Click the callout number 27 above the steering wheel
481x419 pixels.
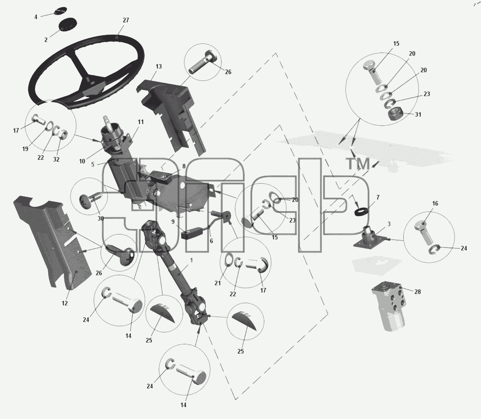tap(126, 20)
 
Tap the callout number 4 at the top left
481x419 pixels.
tap(36, 17)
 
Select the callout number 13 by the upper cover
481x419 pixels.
tap(159, 66)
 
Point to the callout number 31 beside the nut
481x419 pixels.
tap(418, 114)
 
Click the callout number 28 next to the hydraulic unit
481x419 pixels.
tap(417, 292)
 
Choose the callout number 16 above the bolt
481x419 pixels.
tap(435, 204)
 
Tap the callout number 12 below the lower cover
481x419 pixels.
tap(65, 303)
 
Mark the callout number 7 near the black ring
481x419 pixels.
tap(378, 197)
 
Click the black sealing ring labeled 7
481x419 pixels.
tap(361, 211)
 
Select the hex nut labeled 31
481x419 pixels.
tap(396, 114)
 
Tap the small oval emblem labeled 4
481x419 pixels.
tap(60, 12)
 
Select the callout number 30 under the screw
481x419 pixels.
tap(101, 219)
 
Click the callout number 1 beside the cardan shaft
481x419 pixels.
tap(191, 260)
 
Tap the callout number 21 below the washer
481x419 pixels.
tap(217, 283)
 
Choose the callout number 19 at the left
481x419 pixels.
tap(25, 149)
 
